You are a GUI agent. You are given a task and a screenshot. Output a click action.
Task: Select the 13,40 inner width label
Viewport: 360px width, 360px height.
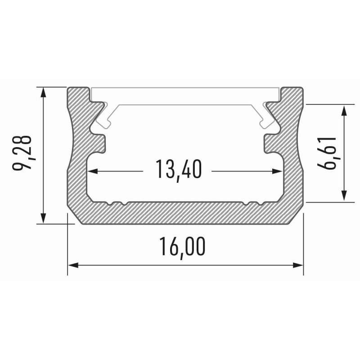tap(179, 170)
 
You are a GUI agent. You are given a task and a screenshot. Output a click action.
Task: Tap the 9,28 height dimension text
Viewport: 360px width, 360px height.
tap(22, 153)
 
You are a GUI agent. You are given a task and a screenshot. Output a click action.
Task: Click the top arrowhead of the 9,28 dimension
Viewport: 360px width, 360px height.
tap(43, 92)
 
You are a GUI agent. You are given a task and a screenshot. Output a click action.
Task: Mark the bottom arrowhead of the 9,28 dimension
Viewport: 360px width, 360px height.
tap(43, 218)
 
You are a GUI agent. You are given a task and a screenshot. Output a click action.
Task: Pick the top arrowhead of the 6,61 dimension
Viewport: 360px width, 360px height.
tap(344, 110)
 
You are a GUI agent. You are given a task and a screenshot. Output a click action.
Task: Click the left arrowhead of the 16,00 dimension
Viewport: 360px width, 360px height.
tap(73, 265)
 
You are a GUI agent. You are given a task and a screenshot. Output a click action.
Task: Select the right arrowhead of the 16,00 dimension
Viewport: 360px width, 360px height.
tap(298, 265)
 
